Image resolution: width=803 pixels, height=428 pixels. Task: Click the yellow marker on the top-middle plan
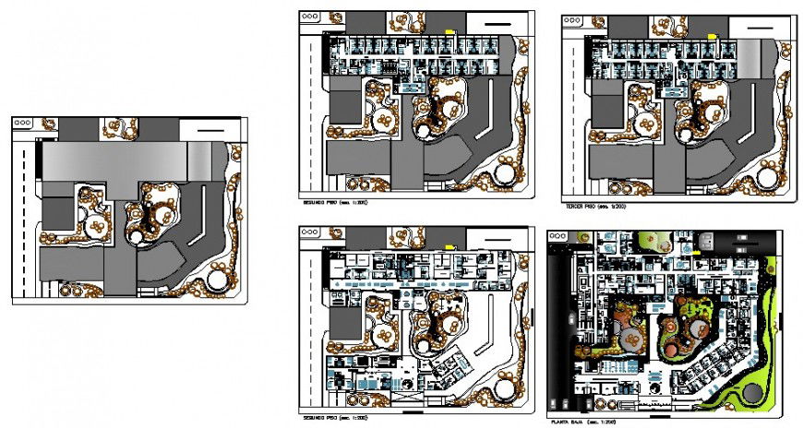(x=450, y=32)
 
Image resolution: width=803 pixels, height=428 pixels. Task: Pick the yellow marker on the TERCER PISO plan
(x=712, y=35)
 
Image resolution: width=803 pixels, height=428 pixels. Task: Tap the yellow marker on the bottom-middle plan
(x=449, y=244)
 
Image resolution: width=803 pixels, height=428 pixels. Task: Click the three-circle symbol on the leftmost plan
(x=24, y=122)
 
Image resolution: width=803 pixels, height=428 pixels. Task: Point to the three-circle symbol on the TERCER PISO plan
(x=574, y=20)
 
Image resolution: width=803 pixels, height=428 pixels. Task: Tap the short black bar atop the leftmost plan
(x=210, y=133)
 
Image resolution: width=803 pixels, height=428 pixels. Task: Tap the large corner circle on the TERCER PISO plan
(x=767, y=172)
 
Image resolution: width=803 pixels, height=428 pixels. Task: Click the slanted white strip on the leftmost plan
(x=197, y=225)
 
